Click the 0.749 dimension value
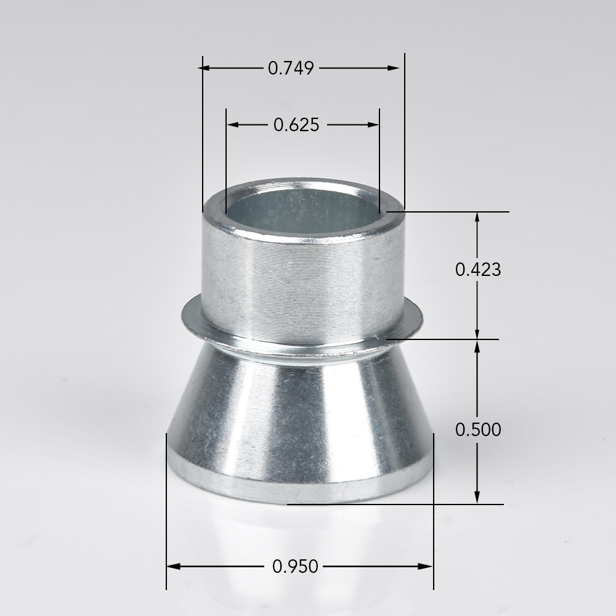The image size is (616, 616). [291, 68]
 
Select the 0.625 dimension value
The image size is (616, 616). [296, 125]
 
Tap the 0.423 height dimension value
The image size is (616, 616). [478, 270]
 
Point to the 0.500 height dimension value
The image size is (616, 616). [478, 429]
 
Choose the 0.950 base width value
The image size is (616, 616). [295, 567]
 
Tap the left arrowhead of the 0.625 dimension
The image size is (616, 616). [233, 125]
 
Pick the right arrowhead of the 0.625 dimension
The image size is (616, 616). [373, 125]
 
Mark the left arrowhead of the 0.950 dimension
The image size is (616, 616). [173, 567]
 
